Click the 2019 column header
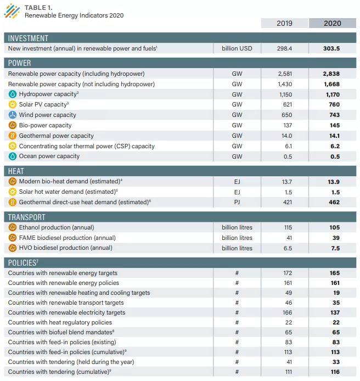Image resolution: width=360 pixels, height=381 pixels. coord(284,23)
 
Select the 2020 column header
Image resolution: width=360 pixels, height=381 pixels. coord(332,23)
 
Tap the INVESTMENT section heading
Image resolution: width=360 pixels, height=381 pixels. coord(28,38)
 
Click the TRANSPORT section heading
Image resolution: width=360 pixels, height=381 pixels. coord(27,217)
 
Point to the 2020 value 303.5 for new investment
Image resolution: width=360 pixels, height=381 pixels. coord(332,48)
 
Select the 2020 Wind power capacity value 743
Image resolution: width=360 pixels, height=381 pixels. coord(334,115)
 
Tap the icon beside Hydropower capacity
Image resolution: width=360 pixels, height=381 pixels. coord(12,94)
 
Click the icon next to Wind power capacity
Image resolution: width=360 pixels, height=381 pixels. coord(12,115)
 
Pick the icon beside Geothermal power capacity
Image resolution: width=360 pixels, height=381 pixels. coord(12,136)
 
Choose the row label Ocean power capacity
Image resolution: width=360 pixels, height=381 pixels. coord(49,156)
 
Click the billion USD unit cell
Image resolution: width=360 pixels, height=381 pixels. coord(237,48)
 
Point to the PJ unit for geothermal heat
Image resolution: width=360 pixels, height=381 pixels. coord(237,203)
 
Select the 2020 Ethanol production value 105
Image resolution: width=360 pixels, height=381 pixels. coord(334,228)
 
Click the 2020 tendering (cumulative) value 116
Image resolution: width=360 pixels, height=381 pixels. coord(334,372)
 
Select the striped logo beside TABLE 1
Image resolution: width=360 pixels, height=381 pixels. coord(12,11)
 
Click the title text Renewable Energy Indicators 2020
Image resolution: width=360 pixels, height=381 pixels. coord(74,15)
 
